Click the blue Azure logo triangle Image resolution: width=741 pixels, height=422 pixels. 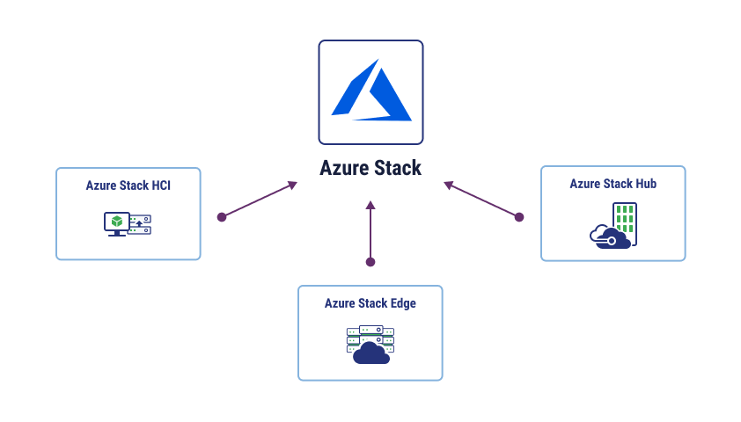pyautogui.click(x=371, y=92)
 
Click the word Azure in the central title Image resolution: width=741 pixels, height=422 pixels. pyautogui.click(x=343, y=168)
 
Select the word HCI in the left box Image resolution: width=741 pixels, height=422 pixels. pyautogui.click(x=161, y=186)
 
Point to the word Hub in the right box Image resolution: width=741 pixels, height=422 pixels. pyautogui.click(x=646, y=184)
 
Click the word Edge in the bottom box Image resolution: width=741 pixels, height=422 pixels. pyautogui.click(x=403, y=303)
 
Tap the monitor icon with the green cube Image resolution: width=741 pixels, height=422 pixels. pyautogui.click(x=117, y=223)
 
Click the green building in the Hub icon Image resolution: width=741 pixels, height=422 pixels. pyautogui.click(x=625, y=220)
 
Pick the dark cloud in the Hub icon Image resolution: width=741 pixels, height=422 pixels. pyautogui.click(x=610, y=237)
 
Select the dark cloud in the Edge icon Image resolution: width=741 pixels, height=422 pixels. pyautogui.click(x=371, y=353)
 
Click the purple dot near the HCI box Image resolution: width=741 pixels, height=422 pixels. pyautogui.click(x=222, y=217)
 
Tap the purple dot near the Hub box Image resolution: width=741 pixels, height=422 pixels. pyautogui.click(x=519, y=217)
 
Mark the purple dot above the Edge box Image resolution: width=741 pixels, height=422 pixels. pyautogui.click(x=370, y=262)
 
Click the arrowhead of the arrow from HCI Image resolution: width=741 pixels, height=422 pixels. pyautogui.click(x=293, y=185)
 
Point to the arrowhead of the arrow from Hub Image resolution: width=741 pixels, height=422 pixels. pyautogui.click(x=449, y=185)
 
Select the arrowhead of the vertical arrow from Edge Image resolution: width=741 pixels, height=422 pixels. pyautogui.click(x=370, y=205)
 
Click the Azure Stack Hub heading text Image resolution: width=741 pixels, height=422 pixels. pyautogui.click(x=613, y=184)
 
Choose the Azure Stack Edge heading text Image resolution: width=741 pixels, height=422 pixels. pyautogui.click(x=370, y=303)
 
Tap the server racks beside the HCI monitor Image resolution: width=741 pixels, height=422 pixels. pyautogui.click(x=140, y=225)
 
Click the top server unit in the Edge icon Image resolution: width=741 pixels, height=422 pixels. pyautogui.click(x=371, y=330)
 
